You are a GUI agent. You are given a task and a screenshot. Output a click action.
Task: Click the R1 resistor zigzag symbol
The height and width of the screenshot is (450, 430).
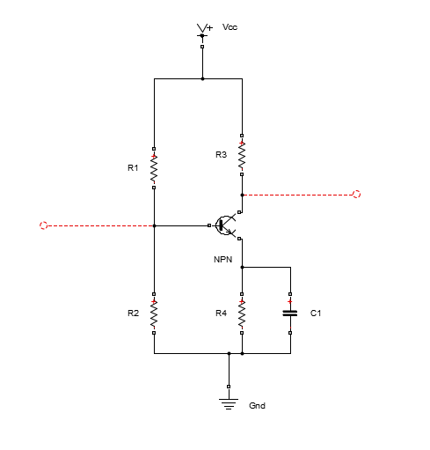coord(154,168)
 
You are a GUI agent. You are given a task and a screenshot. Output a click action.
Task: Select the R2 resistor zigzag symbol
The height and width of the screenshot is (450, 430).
coord(154,314)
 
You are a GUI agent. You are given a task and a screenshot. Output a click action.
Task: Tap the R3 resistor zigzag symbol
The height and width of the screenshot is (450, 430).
coord(242,155)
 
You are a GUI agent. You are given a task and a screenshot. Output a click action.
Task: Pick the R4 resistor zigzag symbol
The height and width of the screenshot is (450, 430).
coord(242,314)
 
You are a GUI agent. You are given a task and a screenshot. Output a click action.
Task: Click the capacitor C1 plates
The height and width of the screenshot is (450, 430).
coord(290,314)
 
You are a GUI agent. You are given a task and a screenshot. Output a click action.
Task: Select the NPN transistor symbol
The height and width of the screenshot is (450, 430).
coord(225,225)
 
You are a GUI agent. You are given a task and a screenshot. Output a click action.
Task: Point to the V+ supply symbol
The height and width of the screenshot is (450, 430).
coord(202,32)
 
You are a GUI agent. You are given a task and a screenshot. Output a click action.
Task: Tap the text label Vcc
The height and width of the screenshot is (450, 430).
coord(230,27)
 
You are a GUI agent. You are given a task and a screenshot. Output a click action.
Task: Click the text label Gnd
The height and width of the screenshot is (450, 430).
coord(257,405)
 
